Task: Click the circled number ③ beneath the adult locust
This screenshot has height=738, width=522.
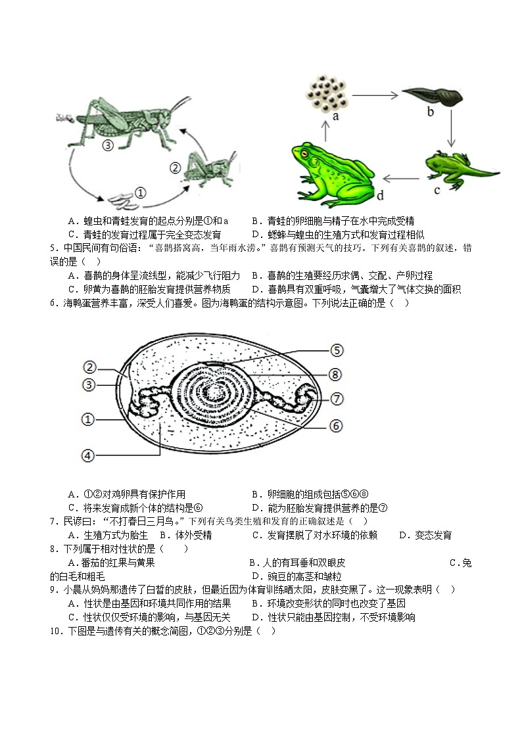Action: [x=108, y=146]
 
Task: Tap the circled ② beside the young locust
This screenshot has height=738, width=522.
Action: [x=175, y=168]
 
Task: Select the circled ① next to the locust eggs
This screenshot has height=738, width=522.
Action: [x=140, y=193]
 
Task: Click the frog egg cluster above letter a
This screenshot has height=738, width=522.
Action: [x=326, y=94]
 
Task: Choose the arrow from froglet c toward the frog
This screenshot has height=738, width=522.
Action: [x=401, y=177]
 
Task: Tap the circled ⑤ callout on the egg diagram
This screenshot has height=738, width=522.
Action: [x=337, y=350]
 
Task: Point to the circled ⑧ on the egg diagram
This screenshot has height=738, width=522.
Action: [x=335, y=375]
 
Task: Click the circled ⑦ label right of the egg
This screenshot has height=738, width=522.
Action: [x=337, y=398]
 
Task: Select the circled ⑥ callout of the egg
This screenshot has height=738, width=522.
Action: [x=336, y=425]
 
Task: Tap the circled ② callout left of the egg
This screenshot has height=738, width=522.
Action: [x=90, y=367]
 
